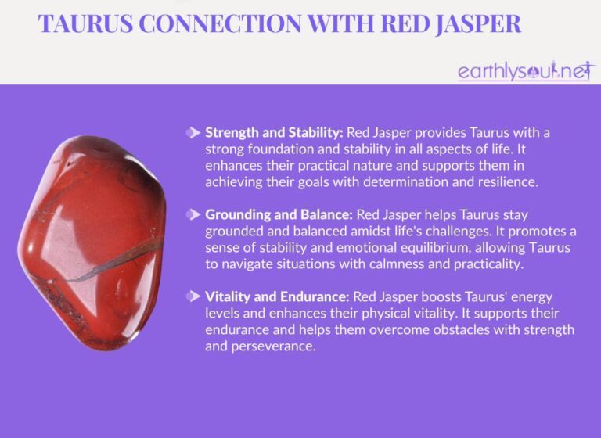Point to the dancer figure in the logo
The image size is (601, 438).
pos(560,70)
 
